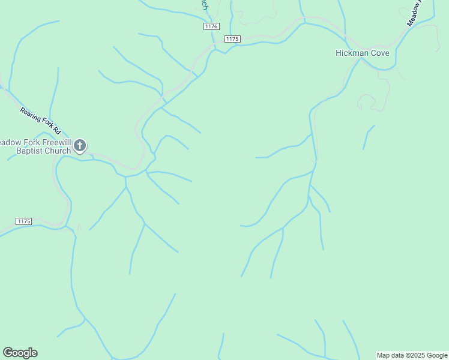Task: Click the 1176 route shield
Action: [x=211, y=26]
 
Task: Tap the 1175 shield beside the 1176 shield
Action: [x=232, y=39]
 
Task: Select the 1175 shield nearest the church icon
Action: [x=23, y=221]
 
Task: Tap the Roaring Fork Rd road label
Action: [x=41, y=120]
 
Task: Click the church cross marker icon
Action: [x=80, y=146]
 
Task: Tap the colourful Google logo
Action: [x=20, y=353]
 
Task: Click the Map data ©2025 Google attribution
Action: [x=412, y=355]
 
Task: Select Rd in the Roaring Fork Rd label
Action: [x=56, y=130]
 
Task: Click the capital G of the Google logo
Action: [x=8, y=353]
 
